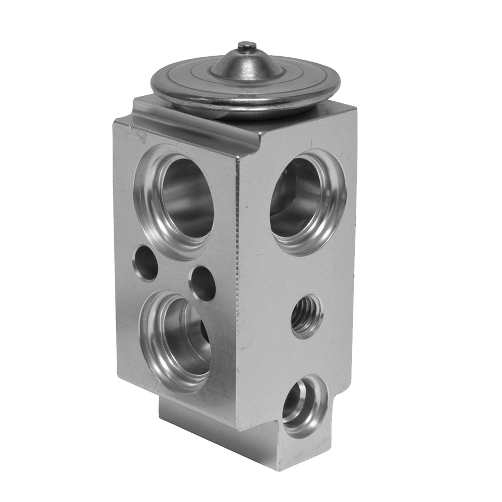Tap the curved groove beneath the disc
coord(195,122)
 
